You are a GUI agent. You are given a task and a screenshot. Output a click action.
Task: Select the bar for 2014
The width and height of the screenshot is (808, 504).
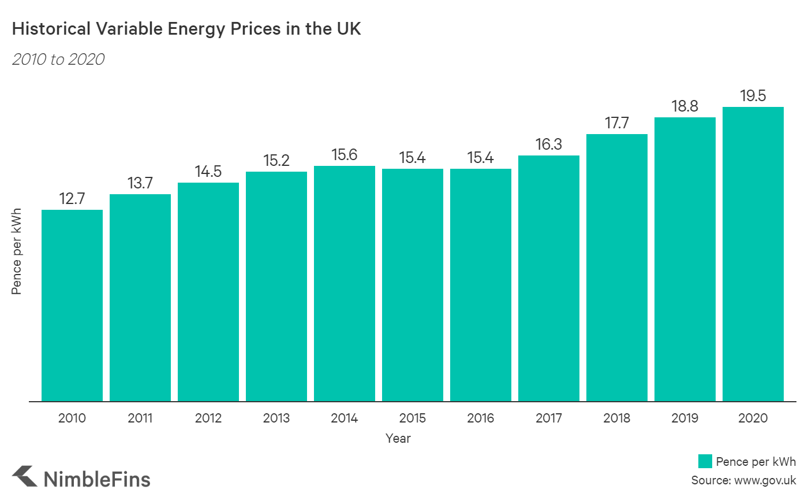point(345,283)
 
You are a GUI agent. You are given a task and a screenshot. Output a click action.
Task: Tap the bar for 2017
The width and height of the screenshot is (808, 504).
point(548,278)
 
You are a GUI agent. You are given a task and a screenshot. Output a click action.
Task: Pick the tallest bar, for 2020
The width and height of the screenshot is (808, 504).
point(753,254)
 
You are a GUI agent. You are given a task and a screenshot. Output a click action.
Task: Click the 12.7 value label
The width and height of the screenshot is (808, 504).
point(72,199)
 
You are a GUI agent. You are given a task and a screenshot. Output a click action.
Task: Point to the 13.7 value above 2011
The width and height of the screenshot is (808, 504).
point(140,183)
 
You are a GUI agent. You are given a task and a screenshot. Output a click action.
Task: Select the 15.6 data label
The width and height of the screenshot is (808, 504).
point(345,155)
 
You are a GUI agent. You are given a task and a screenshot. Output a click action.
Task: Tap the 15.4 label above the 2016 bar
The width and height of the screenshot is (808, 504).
point(480,158)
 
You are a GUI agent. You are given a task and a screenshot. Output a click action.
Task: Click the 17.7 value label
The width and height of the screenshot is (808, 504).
point(616,123)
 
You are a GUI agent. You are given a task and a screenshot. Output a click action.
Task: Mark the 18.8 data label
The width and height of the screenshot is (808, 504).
point(684,106)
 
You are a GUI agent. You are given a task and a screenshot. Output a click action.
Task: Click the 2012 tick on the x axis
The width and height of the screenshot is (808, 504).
point(208,418)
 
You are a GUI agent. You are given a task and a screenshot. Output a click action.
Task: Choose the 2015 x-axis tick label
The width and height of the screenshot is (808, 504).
point(412,418)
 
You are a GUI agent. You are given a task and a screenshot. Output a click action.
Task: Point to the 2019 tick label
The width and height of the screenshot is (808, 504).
point(684,418)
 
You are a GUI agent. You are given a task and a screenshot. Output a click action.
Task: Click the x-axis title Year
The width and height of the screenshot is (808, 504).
point(398,438)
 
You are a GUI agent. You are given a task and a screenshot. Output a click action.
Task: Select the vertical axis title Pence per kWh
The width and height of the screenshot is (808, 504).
point(16,251)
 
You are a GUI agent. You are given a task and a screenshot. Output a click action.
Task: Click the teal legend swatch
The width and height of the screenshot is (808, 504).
point(705,461)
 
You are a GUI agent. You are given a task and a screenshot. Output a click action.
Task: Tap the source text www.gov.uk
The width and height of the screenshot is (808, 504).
point(765,480)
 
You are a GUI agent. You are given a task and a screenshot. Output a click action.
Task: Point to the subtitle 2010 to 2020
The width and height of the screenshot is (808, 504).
point(58,60)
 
